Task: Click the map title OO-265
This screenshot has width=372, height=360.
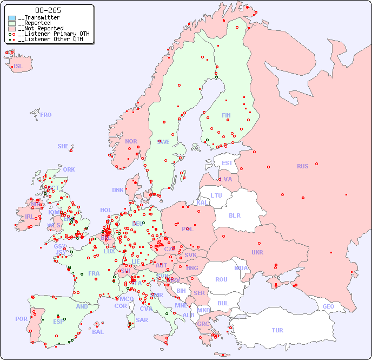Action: click(x=48, y=10)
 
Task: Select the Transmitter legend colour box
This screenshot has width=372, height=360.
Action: click(x=12, y=18)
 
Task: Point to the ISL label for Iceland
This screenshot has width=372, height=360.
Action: click(x=18, y=67)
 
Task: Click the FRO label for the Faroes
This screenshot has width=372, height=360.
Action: click(x=46, y=115)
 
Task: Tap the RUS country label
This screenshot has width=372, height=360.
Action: click(x=302, y=166)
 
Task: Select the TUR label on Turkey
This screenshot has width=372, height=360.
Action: click(x=277, y=330)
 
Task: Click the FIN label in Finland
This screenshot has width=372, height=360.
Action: click(x=226, y=115)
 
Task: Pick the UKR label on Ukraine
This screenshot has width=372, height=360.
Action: click(x=257, y=252)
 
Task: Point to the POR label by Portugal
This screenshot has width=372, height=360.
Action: click(x=21, y=319)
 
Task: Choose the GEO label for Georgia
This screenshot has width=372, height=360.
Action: click(x=328, y=306)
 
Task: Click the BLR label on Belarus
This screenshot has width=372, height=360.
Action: click(x=234, y=215)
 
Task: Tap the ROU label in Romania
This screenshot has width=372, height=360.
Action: click(x=221, y=279)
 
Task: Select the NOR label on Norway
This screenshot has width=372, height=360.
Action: click(x=131, y=141)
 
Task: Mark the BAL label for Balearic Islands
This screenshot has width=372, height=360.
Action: click(x=98, y=332)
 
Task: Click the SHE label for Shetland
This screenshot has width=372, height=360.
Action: click(x=63, y=146)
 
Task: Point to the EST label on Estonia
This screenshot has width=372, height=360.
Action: click(x=227, y=163)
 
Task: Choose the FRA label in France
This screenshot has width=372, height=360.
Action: click(x=94, y=273)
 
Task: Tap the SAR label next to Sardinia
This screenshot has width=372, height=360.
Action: click(x=142, y=319)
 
